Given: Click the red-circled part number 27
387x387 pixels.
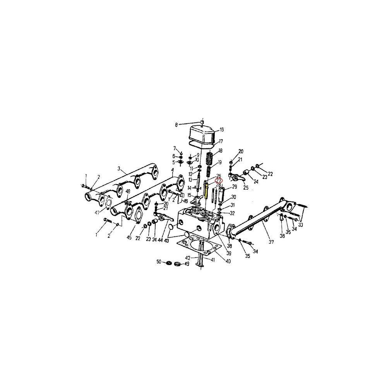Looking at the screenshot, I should point(219,180).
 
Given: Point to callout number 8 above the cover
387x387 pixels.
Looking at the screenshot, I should point(176,125).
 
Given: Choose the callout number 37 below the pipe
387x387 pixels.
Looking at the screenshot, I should point(271,243).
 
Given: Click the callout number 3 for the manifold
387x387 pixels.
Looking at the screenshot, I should point(120,168).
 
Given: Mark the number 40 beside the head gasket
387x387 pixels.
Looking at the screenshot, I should point(228,261).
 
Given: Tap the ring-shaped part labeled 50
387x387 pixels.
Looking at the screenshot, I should point(169,263).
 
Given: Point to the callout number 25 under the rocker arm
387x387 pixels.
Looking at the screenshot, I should point(245,188).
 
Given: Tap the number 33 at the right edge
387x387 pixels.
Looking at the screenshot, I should point(301,225).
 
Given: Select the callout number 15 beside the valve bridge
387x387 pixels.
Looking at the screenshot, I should point(190,195).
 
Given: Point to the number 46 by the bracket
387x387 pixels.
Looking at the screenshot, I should point(185,202).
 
